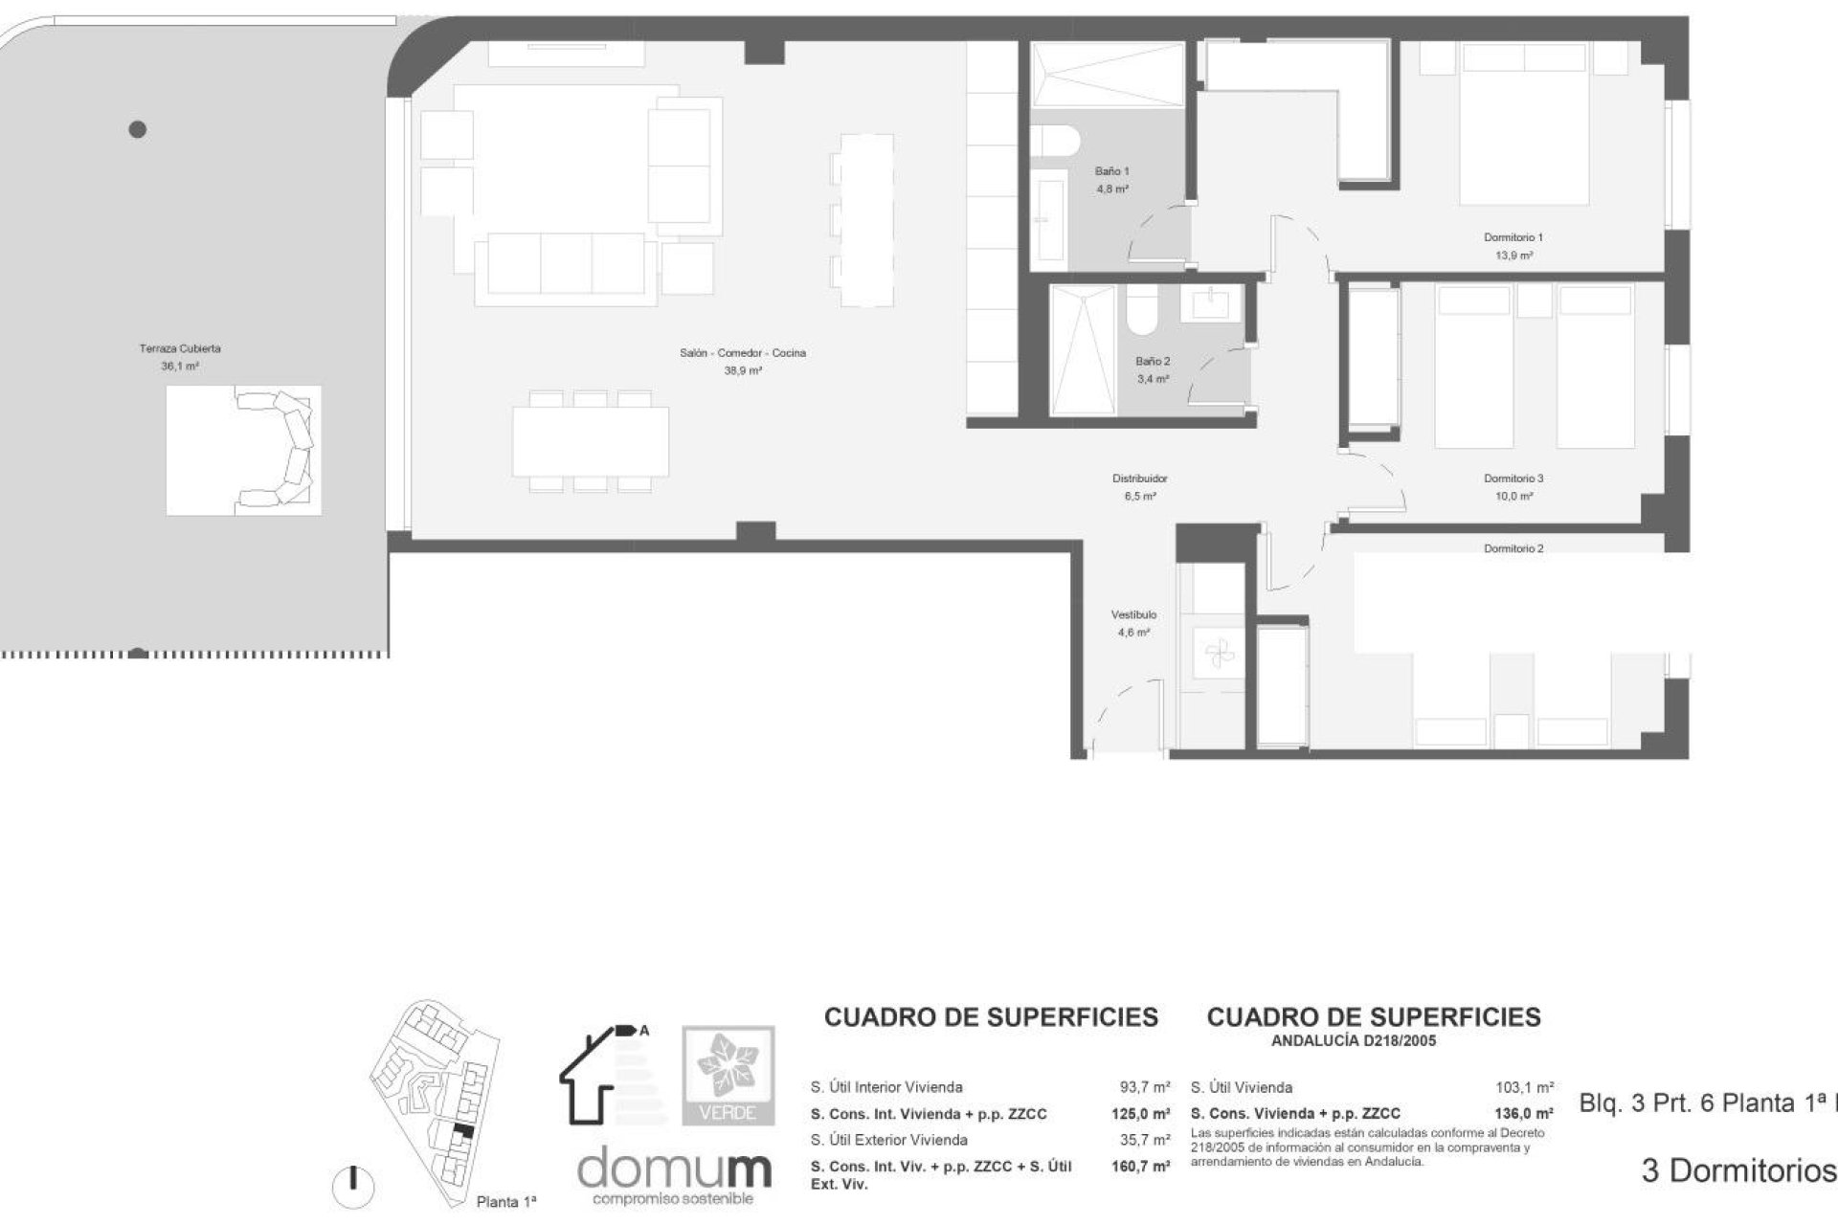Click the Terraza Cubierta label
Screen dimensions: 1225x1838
180,349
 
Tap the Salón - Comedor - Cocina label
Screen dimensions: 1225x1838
743,353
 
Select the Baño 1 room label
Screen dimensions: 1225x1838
1112,171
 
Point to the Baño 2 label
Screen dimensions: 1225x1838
1153,362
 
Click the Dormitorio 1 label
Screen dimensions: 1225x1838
1513,237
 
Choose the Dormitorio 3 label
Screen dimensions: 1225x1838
1513,479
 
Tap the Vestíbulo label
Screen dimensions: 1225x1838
1133,614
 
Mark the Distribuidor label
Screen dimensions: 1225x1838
1139,479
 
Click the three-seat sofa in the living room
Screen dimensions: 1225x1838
566,263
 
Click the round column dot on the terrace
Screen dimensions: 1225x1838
138,129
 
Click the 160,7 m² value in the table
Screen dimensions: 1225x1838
1145,1167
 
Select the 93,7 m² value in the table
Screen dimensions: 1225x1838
1145,1087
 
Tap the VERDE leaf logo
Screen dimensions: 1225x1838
728,1075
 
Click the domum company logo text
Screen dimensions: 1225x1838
674,1169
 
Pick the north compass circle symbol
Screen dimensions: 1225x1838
353,1186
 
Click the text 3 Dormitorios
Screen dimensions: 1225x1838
1738,1170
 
